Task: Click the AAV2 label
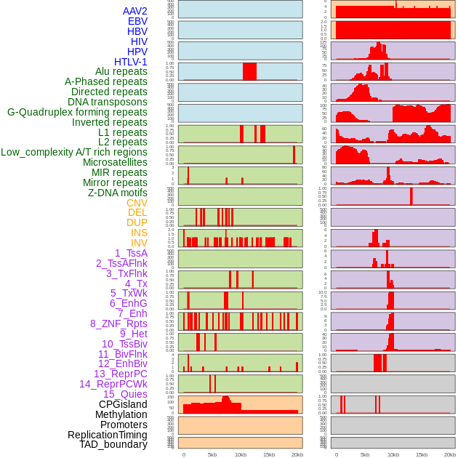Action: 134,11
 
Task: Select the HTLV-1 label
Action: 130,62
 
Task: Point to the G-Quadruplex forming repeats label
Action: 77,112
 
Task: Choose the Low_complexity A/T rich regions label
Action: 73,152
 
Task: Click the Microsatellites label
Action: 115,162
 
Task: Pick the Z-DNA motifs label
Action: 117,193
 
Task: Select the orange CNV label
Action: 137,203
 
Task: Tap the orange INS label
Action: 138,233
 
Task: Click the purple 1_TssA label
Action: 131,253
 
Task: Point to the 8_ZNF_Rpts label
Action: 118,324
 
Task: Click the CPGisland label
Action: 123,404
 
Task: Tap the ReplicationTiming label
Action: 107,435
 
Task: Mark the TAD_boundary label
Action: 113,444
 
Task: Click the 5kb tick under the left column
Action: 212,454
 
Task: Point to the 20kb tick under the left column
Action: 297,454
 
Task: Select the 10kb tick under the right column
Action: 393,454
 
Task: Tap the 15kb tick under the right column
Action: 422,454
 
